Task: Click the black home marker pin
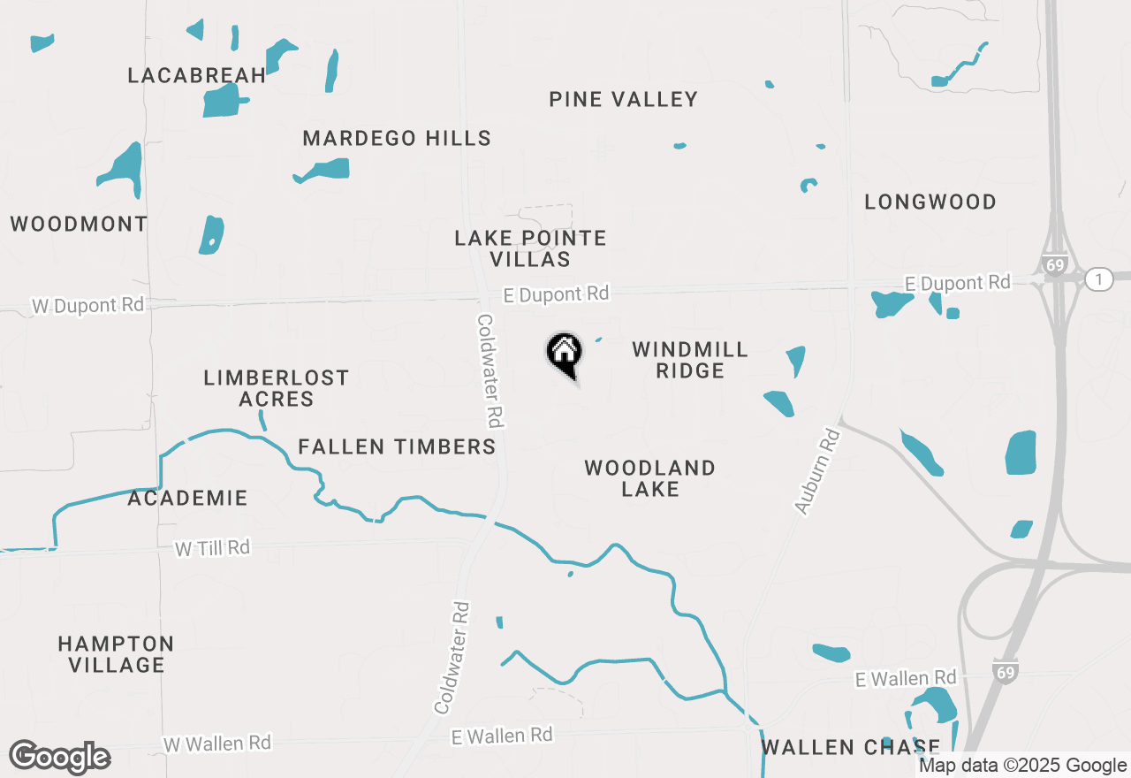(564, 355)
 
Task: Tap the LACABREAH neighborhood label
(197, 75)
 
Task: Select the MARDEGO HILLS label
(397, 139)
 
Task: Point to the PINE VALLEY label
(624, 99)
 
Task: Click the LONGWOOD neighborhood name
(930, 202)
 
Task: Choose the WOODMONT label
(79, 224)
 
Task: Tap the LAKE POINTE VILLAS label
(530, 248)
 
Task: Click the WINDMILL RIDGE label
(690, 360)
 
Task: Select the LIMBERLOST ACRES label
(277, 389)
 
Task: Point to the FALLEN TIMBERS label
(397, 447)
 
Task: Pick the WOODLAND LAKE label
(649, 478)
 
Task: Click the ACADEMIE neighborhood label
(187, 499)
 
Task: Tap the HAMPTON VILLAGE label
(116, 654)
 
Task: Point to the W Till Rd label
(212, 549)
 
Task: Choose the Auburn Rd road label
(816, 472)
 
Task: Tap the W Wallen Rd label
(217, 743)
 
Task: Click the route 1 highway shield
(1098, 279)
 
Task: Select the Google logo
(60, 757)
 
